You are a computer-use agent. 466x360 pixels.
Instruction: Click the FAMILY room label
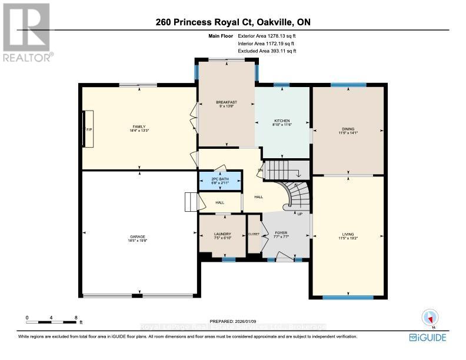pos(139,126)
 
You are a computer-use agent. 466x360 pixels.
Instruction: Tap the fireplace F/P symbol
pos(89,128)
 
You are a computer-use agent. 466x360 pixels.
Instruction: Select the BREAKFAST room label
pos(226,102)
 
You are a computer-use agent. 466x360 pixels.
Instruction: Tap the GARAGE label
pos(138,236)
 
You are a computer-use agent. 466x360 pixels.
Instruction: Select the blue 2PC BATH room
pos(219,181)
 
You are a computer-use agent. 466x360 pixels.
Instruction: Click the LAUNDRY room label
pos(222,234)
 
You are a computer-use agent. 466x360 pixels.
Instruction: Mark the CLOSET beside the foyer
pos(254,234)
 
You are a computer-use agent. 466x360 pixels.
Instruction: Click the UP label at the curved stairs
pos(299,214)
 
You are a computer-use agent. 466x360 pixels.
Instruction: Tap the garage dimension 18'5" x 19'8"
pos(138,241)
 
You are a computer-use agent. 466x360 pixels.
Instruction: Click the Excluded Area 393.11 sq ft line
pos(267,51)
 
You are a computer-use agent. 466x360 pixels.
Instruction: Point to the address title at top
pos(233,22)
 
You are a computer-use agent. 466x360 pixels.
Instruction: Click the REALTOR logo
pos(27,32)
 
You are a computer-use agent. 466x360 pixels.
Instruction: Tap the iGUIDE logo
pos(427,337)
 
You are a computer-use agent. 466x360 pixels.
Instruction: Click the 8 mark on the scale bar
pos(76,318)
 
